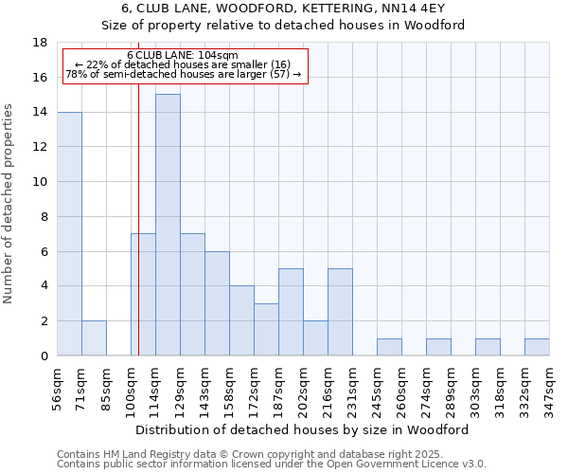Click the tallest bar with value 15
[x=168, y=225]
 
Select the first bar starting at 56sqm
[x=69, y=233]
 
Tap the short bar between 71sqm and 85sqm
[x=94, y=338]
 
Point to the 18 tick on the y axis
[x=40, y=43]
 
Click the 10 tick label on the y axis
[x=40, y=182]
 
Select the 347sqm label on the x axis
[x=549, y=388]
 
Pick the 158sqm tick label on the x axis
[x=229, y=388]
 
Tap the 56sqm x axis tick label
[x=57, y=388]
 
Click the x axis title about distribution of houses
[x=309, y=429]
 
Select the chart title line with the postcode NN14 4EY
[x=283, y=9]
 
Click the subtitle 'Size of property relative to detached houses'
[x=283, y=26]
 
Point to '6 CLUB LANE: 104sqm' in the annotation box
[x=183, y=56]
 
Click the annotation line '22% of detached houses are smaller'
[x=183, y=64]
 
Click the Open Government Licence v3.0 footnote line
[x=272, y=465]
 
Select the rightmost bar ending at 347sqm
[x=537, y=347]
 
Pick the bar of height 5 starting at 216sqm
[x=340, y=312]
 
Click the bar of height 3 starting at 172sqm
[x=266, y=329]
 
